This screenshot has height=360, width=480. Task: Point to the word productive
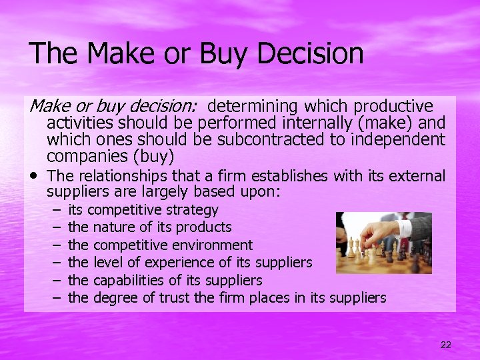(393, 107)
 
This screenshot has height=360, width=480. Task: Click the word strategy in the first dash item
(195, 211)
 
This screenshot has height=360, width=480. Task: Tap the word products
(203, 228)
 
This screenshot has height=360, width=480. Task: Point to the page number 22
(445, 344)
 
